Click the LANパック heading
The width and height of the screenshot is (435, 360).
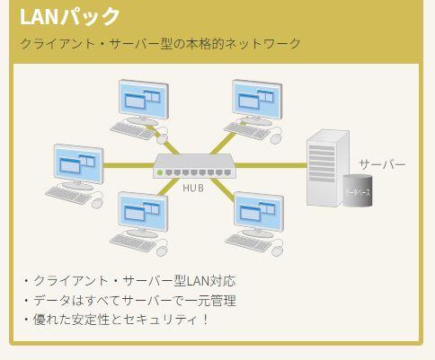69,16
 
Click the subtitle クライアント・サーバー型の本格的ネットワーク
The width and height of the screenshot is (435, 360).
160,43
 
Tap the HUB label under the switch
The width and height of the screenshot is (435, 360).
193,188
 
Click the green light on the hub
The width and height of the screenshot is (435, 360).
160,171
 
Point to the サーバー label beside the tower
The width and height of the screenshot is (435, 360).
382,165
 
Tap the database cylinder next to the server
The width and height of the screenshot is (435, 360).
358,190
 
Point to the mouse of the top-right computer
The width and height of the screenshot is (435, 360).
276,139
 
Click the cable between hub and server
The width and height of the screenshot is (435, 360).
269,165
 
